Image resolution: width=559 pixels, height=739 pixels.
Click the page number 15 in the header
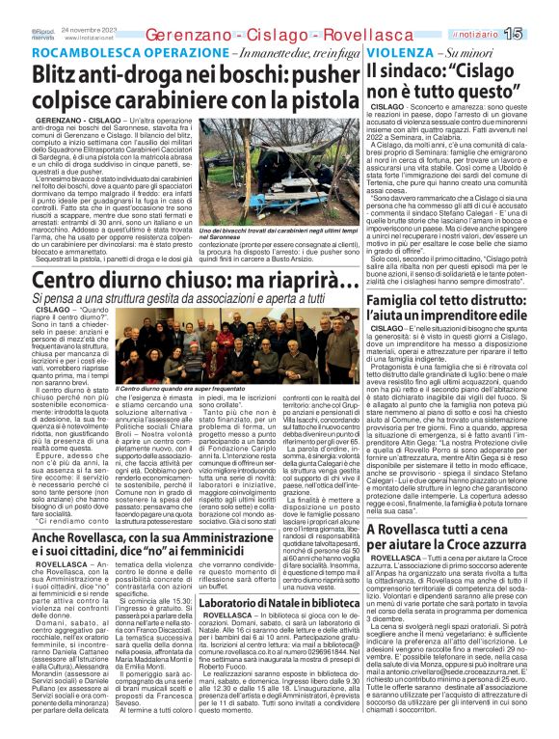pos(541,34)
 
